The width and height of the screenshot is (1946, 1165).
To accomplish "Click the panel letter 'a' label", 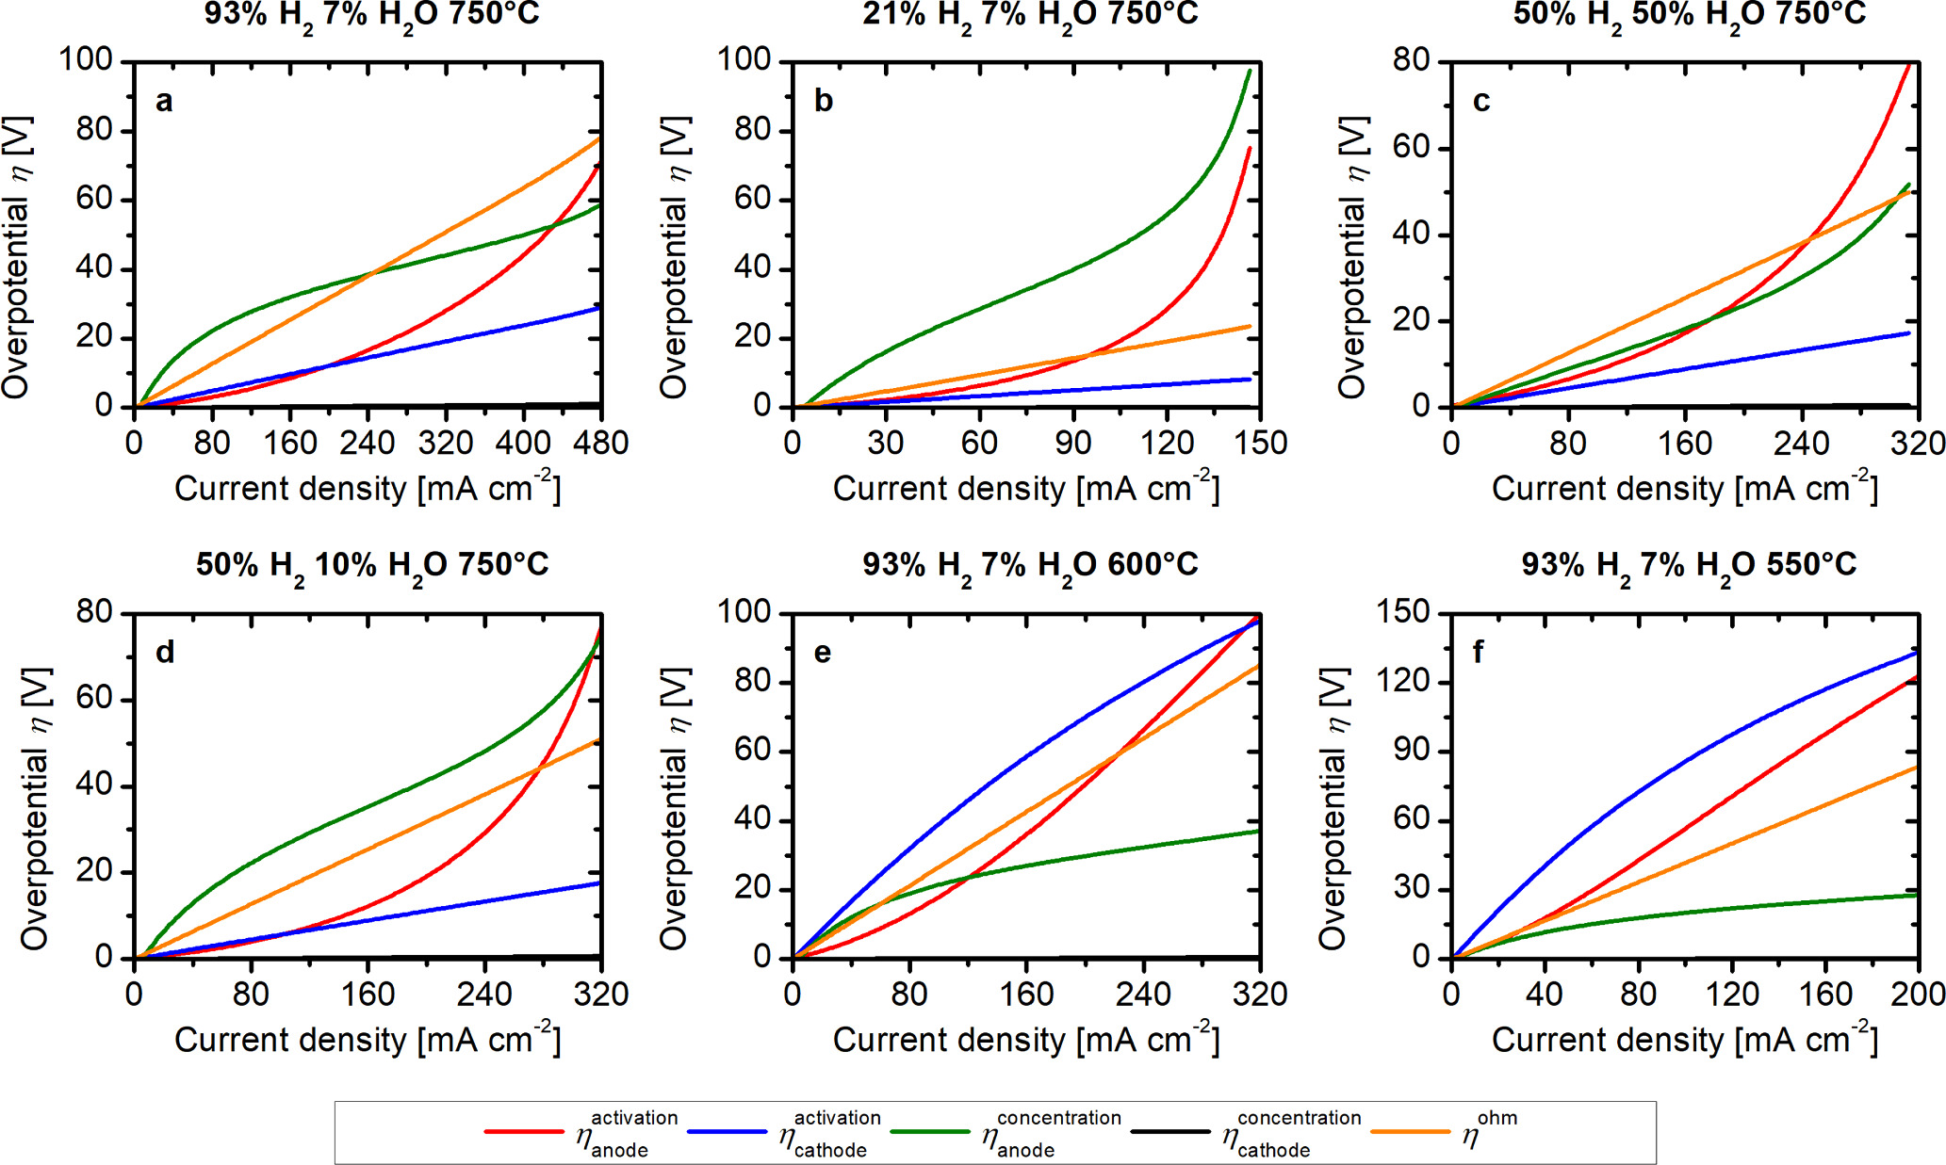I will coord(164,101).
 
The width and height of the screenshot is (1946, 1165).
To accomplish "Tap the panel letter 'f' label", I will coord(1478,652).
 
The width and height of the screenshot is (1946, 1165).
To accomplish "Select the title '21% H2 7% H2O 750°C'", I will coord(1029,15).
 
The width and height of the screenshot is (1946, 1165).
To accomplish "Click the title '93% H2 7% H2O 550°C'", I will coord(1688,565).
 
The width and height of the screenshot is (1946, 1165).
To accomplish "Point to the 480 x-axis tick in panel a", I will coord(601,443).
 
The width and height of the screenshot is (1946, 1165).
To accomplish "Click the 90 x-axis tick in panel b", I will coord(1072,443).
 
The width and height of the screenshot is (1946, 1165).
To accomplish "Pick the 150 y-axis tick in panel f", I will coord(1403,612).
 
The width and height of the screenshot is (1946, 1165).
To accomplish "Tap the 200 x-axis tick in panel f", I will coord(1919,995).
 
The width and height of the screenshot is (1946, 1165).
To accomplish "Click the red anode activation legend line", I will coord(523,1131).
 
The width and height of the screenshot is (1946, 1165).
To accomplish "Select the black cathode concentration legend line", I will coord(1169,1131).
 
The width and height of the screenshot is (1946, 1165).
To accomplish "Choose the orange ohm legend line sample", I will coord(1410,1131).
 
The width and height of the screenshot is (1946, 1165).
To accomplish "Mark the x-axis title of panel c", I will coord(1684,488).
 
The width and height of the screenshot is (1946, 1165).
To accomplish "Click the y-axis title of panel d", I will coord(35,808).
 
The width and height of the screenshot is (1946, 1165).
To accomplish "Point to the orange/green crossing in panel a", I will coord(372,274).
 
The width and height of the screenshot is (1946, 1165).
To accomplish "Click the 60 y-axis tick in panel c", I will coord(1411,148).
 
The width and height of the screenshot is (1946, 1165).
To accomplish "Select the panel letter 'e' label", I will coord(823,652).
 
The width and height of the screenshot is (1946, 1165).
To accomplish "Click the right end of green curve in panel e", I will coord(1258,831).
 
